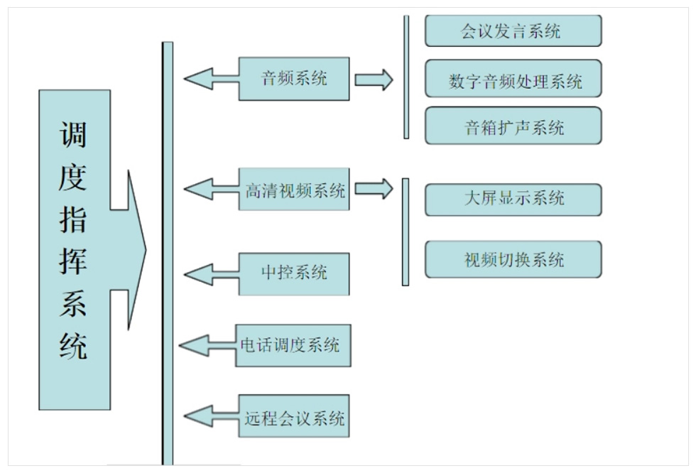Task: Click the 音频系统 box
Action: tap(294, 79)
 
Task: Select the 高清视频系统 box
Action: tap(294, 190)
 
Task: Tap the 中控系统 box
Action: tap(294, 273)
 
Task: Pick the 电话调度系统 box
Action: tap(293, 346)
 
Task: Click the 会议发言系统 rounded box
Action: tap(513, 31)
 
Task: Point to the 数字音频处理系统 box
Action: tap(513, 80)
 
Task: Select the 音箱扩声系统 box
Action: tap(513, 127)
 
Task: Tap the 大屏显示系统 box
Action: tap(513, 200)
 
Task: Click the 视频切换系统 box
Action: tap(513, 259)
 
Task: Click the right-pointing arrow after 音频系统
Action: tap(374, 79)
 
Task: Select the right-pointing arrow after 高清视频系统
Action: tap(374, 189)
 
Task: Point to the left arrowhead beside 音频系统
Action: tap(200, 79)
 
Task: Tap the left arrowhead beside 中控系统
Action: tap(200, 273)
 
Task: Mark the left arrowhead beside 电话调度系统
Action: tap(195, 346)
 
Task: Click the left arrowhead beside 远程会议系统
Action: tap(200, 417)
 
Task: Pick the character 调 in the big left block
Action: tap(73, 133)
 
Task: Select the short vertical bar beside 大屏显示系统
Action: tap(406, 232)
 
